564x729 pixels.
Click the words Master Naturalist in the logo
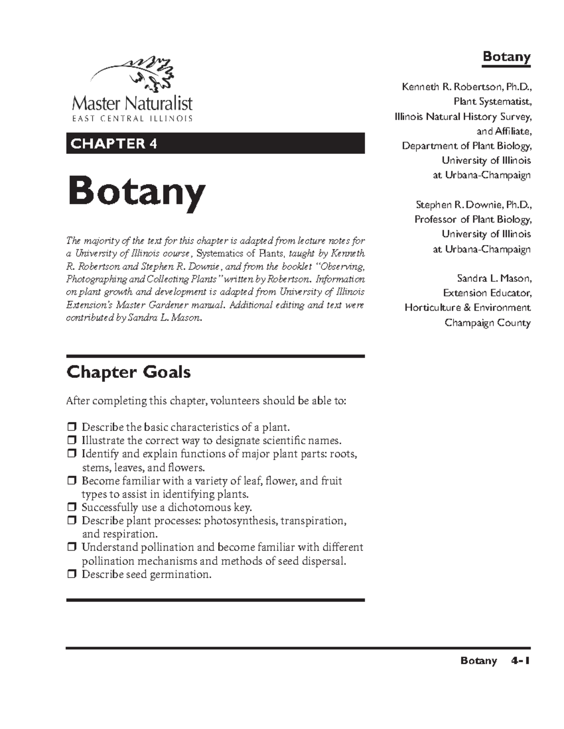click(132, 103)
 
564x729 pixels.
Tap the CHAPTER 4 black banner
click(215, 143)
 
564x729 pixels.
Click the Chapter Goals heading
click(128, 372)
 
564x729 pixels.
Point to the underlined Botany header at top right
click(506, 57)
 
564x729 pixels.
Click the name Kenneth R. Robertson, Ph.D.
click(466, 87)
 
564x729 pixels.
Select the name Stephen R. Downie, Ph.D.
click(473, 205)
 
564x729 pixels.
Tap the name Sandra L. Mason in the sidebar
click(493, 278)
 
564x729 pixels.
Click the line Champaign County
click(487, 323)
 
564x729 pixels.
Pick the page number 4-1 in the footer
click(520, 660)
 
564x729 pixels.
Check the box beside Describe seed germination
click(71, 575)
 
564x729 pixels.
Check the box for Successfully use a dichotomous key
click(71, 507)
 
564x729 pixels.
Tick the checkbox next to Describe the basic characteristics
click(71, 427)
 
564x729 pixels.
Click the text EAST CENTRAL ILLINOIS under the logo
click(132, 119)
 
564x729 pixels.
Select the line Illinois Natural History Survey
click(463, 116)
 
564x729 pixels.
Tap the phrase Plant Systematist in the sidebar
click(492, 101)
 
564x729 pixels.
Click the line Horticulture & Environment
click(468, 308)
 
